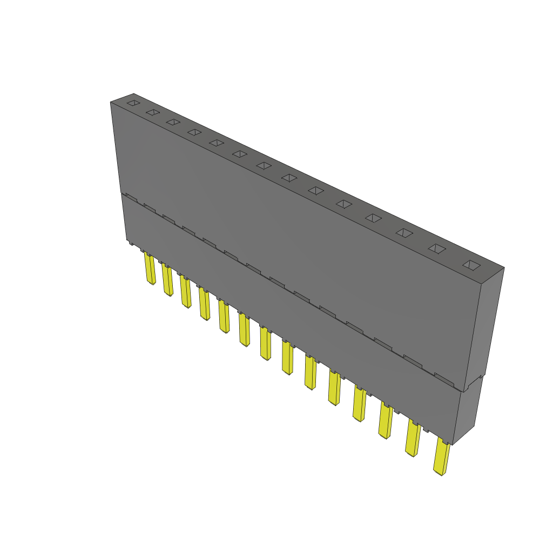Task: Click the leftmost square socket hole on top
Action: coord(133,103)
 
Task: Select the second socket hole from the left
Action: coord(153,112)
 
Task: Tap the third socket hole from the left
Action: coord(173,122)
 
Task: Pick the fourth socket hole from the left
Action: coord(194,132)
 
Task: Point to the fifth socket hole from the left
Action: coord(217,143)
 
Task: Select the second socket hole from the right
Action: coord(438,248)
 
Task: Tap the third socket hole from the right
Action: coord(404,232)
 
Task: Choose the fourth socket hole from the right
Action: coord(374,218)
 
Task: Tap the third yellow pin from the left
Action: coord(185,292)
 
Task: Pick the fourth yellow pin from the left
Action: coord(204,304)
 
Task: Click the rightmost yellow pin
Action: coord(442,458)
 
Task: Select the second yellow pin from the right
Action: coord(413,439)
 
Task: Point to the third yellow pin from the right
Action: coord(386,421)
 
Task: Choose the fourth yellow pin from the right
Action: coord(360,404)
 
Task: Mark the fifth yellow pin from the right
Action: coord(335,388)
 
